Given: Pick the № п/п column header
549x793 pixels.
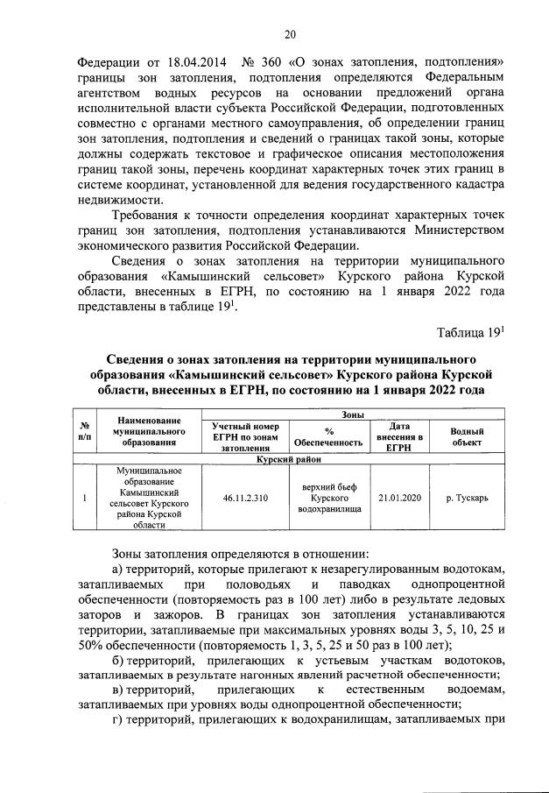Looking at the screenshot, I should [x=84, y=432].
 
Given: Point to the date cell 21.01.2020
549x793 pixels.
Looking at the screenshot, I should [x=399, y=498].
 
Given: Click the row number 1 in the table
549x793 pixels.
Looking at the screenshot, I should [x=84, y=498].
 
